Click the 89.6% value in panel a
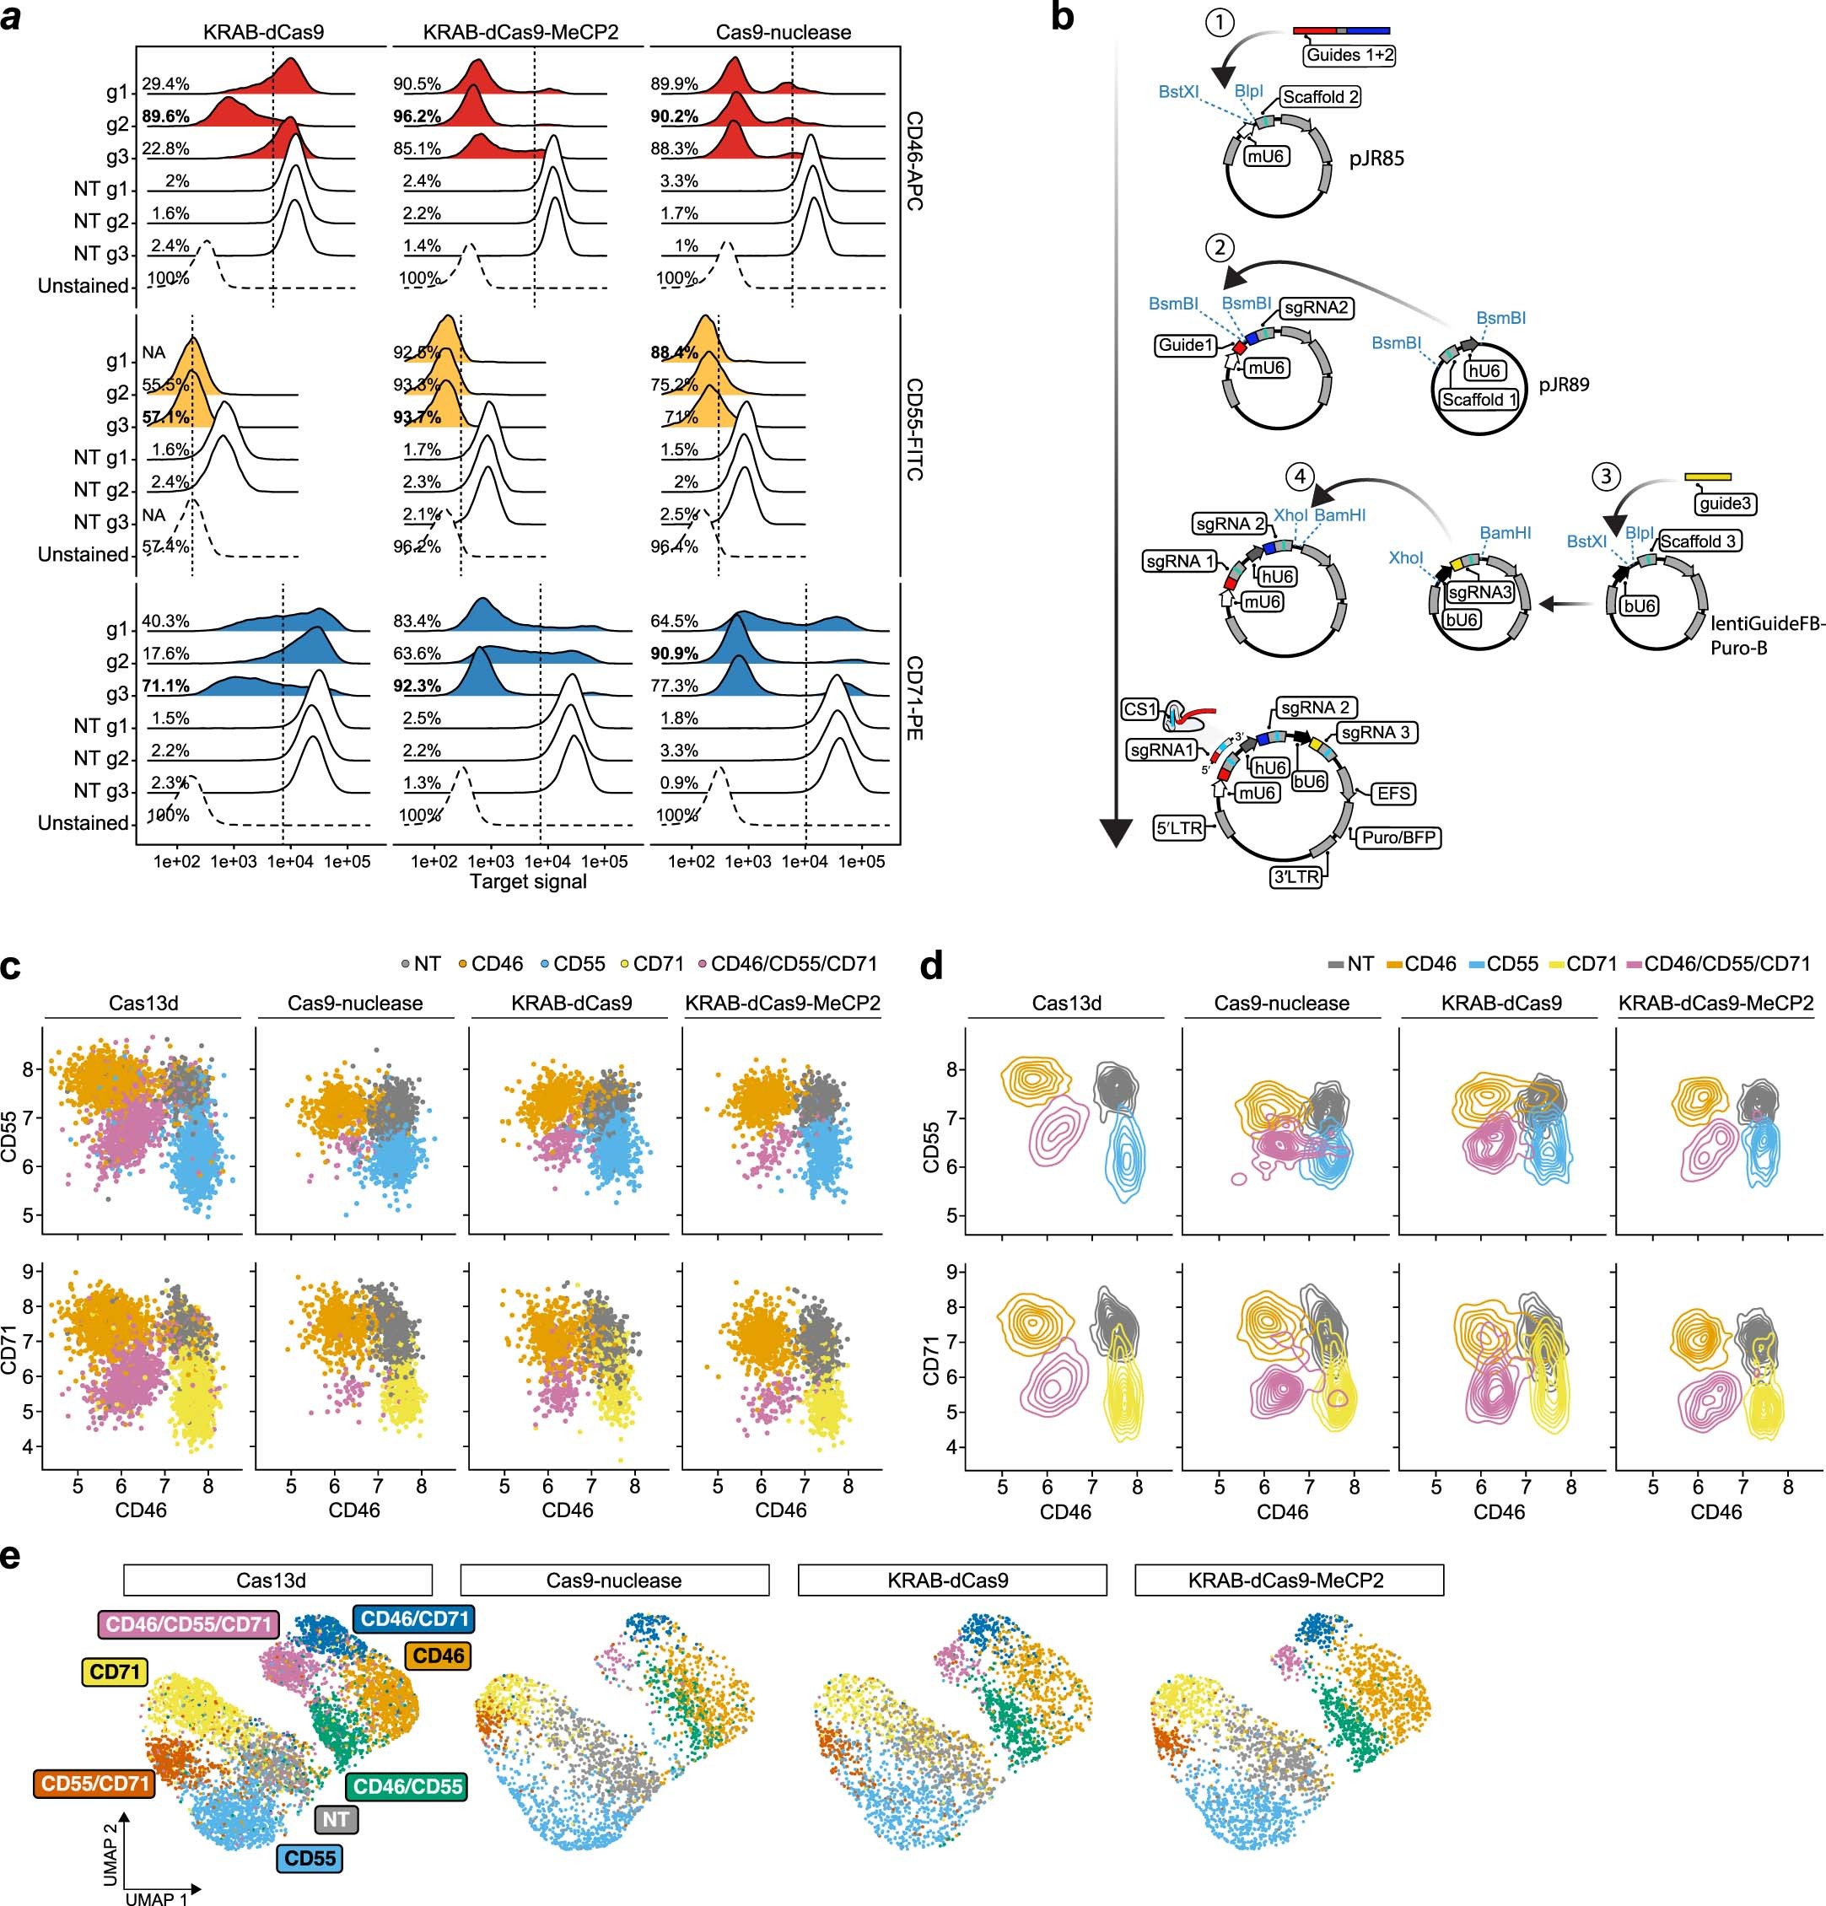[x=165, y=116]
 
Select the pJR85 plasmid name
[x=1376, y=159]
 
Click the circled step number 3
[x=1605, y=476]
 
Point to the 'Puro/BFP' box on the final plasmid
[x=1398, y=837]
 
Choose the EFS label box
[x=1392, y=794]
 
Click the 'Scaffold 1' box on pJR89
[x=1479, y=400]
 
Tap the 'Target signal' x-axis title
[x=528, y=882]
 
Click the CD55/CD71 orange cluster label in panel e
[x=94, y=1784]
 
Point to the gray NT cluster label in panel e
[x=337, y=1819]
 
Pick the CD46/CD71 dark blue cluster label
[x=414, y=1619]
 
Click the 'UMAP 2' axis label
[x=110, y=1854]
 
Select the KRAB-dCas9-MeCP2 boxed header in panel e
[x=1287, y=1580]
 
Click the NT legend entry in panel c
[x=420, y=964]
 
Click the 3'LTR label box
[x=1296, y=876]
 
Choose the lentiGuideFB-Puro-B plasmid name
[x=1767, y=635]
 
